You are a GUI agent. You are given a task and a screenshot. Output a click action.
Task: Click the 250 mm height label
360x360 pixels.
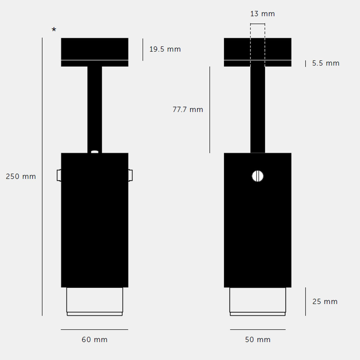(21, 176)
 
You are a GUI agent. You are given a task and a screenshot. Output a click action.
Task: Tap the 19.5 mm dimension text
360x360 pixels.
(165, 49)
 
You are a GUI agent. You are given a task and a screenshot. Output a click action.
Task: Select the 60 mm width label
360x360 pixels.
(94, 340)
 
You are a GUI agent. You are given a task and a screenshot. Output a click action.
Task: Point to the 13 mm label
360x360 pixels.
(262, 14)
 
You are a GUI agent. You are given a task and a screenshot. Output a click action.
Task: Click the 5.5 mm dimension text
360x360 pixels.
(325, 63)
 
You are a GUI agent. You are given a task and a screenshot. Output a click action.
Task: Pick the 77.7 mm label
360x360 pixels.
(188, 109)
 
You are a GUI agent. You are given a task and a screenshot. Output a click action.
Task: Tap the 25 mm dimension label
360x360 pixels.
(325, 301)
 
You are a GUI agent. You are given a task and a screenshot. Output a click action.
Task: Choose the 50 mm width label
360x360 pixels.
(258, 340)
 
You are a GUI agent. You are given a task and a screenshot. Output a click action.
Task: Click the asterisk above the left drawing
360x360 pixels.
(54, 30)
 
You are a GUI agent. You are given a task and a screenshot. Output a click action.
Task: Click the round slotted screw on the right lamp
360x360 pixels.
(257, 176)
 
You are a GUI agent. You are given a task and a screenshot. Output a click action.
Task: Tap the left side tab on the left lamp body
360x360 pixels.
(59, 175)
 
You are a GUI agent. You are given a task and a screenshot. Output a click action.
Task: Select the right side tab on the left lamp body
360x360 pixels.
(130, 175)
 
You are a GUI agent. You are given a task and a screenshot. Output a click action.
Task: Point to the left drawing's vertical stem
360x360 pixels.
(94, 108)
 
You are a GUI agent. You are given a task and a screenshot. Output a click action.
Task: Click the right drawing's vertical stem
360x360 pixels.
(257, 108)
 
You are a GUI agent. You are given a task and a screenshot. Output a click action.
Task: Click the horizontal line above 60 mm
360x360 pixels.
(94, 329)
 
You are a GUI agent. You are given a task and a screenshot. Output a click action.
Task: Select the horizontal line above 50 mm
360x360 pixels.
(257, 329)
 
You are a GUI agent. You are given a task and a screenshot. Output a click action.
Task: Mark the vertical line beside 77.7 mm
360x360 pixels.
(210, 109)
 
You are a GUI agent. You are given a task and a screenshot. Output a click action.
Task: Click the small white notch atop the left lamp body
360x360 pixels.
(94, 152)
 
